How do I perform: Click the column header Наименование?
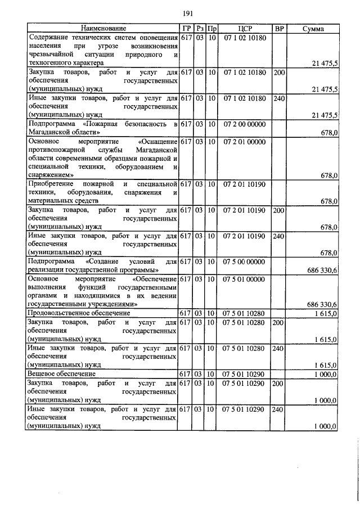(103, 28)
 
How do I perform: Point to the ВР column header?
(279, 28)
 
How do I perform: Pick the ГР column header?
(187, 28)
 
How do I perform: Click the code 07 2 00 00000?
(244, 124)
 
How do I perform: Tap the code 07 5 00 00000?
(244, 262)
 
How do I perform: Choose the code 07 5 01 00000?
(244, 279)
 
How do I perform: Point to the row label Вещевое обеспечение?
(62, 373)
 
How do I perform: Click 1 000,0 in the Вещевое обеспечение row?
(325, 374)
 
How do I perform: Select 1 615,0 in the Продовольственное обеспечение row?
(325, 313)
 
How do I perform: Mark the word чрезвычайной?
(52, 55)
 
